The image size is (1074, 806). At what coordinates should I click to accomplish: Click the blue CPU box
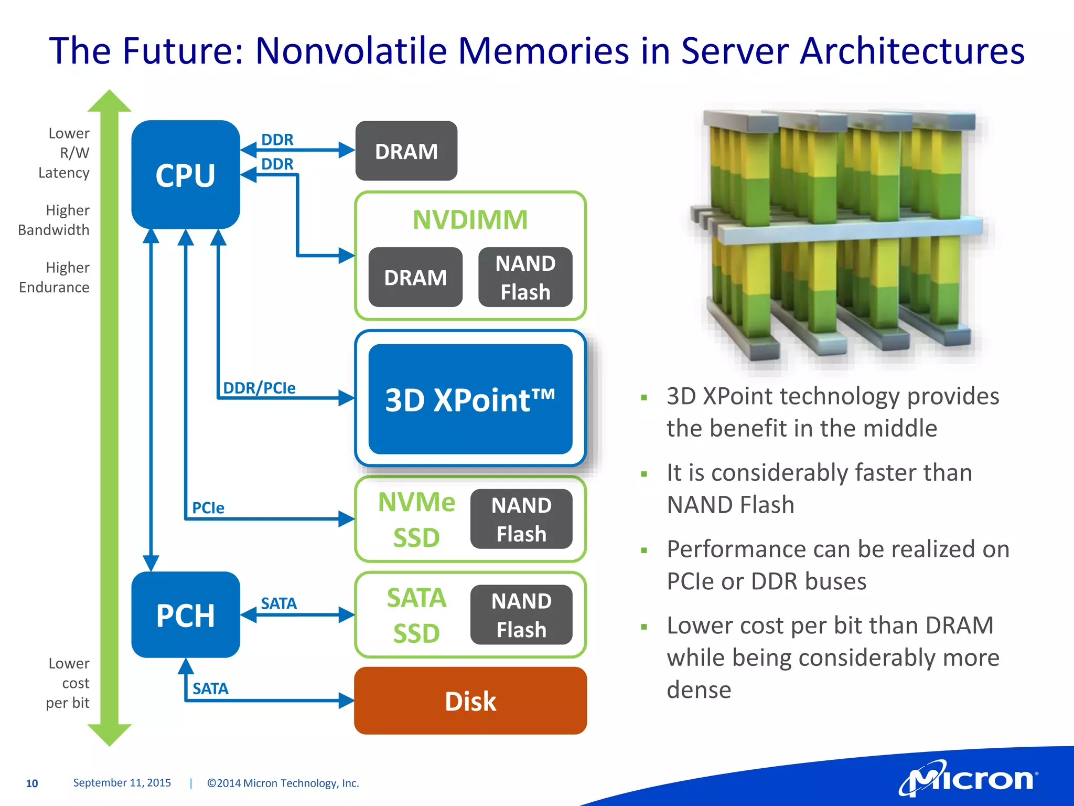(x=185, y=175)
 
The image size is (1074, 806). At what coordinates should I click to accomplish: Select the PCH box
(x=185, y=614)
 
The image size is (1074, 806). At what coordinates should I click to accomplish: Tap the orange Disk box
(x=470, y=701)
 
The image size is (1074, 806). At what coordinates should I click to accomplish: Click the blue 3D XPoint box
(x=470, y=399)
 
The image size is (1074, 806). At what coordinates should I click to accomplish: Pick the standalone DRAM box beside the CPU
(x=406, y=151)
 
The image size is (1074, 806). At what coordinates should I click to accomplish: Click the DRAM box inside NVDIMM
(x=415, y=277)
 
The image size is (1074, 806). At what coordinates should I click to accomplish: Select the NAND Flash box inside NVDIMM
(x=525, y=277)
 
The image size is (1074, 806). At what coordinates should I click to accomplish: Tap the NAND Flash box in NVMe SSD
(x=521, y=519)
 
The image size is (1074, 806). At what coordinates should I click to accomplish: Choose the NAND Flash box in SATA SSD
(x=521, y=614)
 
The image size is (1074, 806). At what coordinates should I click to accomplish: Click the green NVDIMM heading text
(x=470, y=219)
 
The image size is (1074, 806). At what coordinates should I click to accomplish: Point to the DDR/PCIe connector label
(x=259, y=388)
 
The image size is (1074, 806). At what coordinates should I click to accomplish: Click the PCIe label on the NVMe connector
(x=208, y=508)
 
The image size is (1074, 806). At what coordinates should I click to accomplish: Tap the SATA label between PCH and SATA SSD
(x=278, y=603)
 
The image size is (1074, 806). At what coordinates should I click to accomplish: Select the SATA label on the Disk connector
(x=210, y=688)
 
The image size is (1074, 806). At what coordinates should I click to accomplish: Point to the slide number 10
(x=32, y=783)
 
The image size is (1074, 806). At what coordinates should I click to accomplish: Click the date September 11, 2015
(x=122, y=783)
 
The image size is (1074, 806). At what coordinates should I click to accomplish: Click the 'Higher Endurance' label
(x=55, y=278)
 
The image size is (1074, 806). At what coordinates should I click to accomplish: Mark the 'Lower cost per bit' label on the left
(x=68, y=683)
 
